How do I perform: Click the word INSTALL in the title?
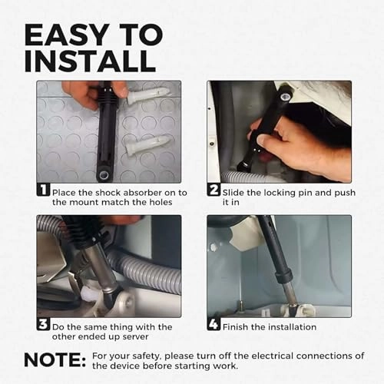click(x=90, y=61)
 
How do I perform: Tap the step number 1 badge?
click(x=44, y=190)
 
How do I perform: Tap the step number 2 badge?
click(x=214, y=190)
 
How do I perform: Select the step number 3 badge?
click(x=43, y=324)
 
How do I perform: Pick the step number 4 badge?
click(x=214, y=324)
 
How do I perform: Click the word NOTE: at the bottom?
click(x=55, y=360)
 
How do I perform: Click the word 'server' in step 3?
click(x=135, y=336)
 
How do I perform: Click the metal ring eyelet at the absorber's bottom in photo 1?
click(x=104, y=175)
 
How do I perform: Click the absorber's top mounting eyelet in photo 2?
click(x=285, y=96)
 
